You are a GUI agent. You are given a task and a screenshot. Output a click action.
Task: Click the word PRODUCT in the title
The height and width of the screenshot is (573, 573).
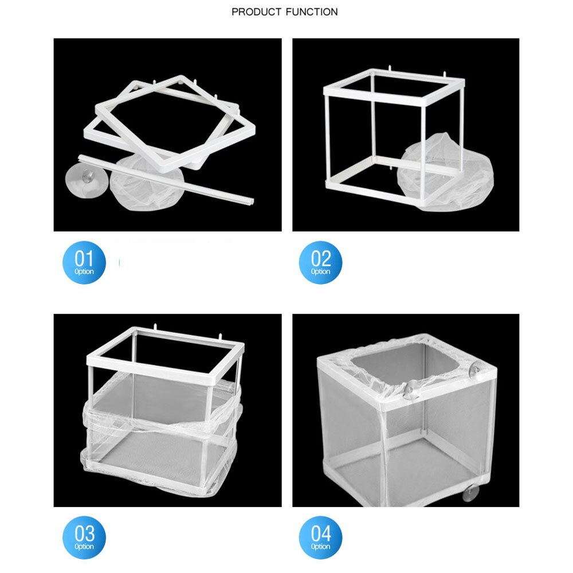coord(256,11)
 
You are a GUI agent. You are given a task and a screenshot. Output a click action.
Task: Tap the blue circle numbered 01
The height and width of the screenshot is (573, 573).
coord(84,262)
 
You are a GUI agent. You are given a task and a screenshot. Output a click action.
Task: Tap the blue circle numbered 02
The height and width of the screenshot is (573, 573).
coord(321,262)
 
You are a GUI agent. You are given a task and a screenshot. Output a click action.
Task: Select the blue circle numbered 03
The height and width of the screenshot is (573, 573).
coord(84,537)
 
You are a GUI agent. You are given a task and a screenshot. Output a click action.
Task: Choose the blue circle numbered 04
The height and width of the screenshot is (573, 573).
coord(321,537)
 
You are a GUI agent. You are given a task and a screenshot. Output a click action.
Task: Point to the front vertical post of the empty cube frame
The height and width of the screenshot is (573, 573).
coord(329,138)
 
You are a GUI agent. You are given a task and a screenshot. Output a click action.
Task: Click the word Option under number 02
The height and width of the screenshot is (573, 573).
coord(321,272)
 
